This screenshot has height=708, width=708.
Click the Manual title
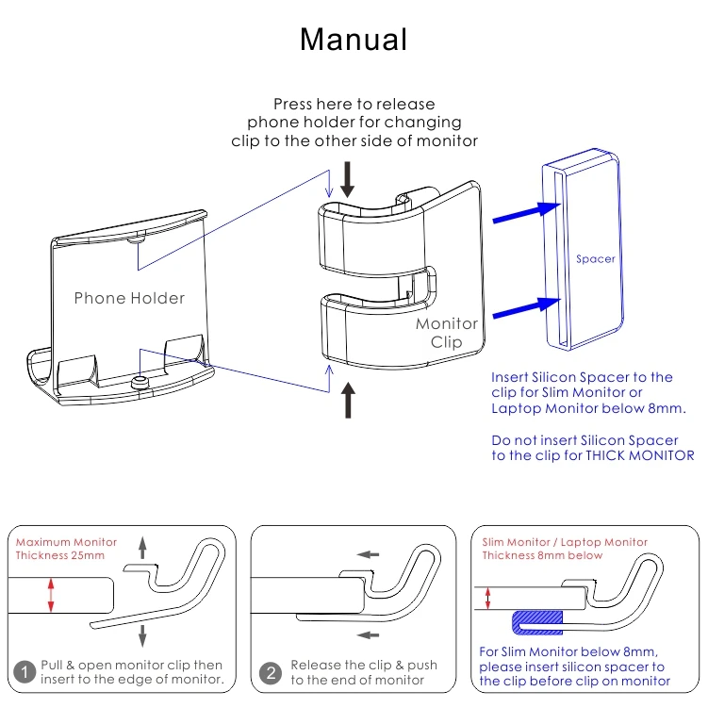click(x=354, y=40)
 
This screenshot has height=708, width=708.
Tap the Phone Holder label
click(x=129, y=298)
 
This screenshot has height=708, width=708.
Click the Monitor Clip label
click(x=447, y=333)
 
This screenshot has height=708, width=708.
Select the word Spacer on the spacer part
click(x=595, y=258)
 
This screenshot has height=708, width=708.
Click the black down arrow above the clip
click(x=348, y=178)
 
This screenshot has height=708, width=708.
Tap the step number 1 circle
click(x=25, y=672)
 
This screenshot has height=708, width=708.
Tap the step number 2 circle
click(x=272, y=672)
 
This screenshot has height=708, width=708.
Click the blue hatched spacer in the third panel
click(x=538, y=620)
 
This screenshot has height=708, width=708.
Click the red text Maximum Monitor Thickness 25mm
click(x=66, y=549)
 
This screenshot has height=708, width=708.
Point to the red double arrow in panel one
click(x=51, y=596)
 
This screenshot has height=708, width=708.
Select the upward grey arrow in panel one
click(x=143, y=549)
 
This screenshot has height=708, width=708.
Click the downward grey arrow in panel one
click(x=143, y=633)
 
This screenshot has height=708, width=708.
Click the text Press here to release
click(x=354, y=104)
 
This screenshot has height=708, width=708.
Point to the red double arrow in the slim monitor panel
click(x=487, y=597)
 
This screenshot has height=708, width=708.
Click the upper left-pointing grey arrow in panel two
click(x=370, y=554)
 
